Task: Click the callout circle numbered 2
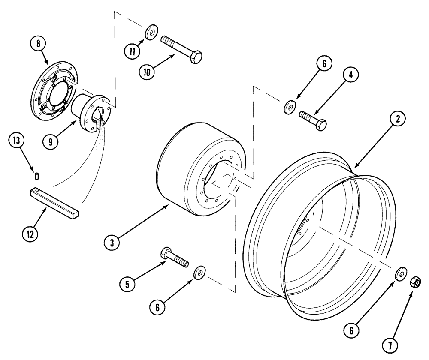pyautogui.click(x=397, y=120)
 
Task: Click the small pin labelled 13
pyautogui.click(x=37, y=176)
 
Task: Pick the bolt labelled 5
pyautogui.click(x=174, y=258)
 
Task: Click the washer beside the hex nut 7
pyautogui.click(x=400, y=273)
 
